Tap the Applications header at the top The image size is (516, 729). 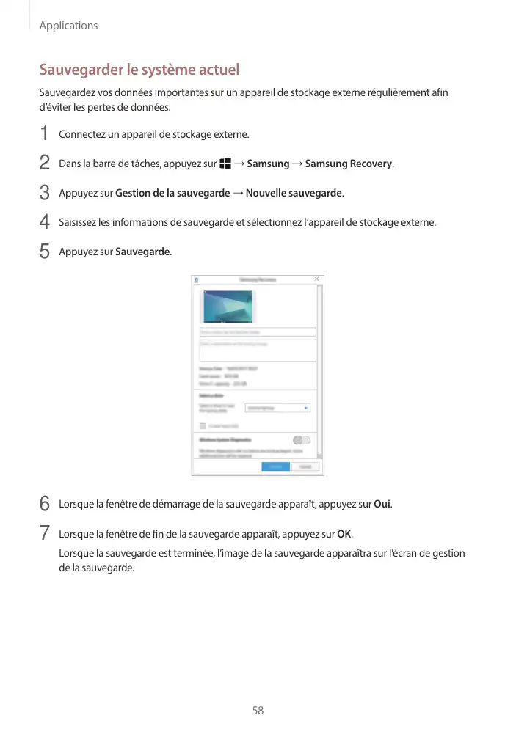[x=68, y=26]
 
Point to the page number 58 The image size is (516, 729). [x=258, y=711]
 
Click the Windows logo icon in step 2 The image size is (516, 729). [x=224, y=164]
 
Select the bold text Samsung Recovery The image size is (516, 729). [x=349, y=164]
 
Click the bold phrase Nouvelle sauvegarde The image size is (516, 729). [x=294, y=194]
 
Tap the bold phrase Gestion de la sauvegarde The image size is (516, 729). [x=172, y=194]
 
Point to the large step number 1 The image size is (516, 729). [x=45, y=134]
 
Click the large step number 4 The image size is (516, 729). [x=45, y=221]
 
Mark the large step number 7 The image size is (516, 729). [x=45, y=532]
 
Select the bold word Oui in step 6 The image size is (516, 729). [x=382, y=505]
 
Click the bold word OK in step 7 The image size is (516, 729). [x=344, y=532]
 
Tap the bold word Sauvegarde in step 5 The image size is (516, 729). [x=142, y=252]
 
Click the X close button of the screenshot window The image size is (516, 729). [x=316, y=279]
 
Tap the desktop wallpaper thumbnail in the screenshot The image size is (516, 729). [x=227, y=307]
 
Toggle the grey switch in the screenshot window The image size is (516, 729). [x=301, y=440]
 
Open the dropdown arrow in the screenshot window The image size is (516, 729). [x=306, y=408]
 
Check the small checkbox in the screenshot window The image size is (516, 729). [x=203, y=425]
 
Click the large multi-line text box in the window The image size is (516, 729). [x=258, y=350]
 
